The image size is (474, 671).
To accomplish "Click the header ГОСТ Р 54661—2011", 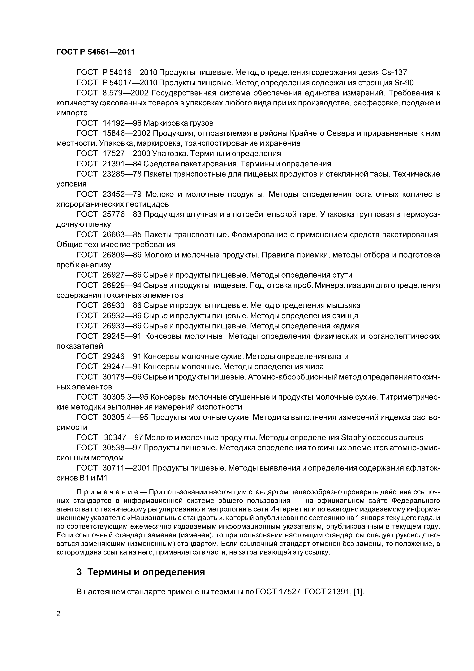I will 96,52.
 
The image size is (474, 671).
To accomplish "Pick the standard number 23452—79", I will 122,194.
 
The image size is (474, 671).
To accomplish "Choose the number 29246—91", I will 122,357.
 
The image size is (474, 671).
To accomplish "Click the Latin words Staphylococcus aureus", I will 382,437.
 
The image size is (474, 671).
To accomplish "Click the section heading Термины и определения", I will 146,572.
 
